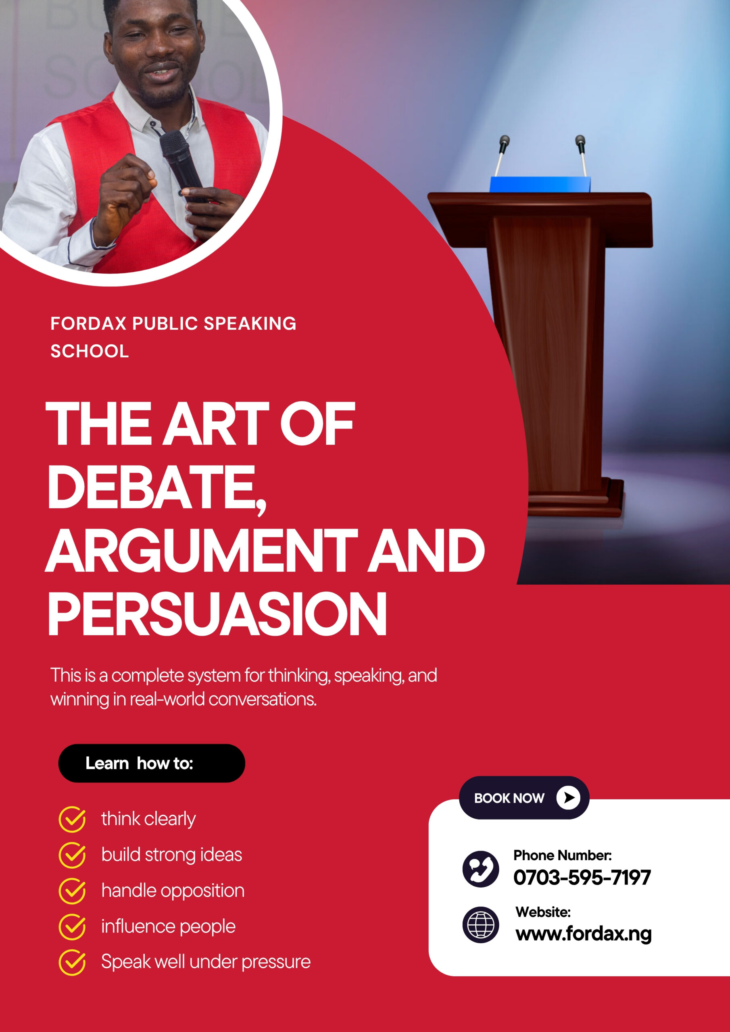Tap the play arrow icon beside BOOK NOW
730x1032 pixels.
pos(568,798)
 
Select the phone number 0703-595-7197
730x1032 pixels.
pos(582,877)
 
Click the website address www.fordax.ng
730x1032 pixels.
pos(583,934)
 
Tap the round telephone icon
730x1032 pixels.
pos(480,869)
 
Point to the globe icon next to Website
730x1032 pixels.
pos(480,925)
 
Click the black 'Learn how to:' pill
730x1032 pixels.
pos(152,763)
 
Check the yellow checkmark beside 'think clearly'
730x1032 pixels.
pos(72,820)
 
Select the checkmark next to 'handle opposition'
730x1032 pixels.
pos(72,891)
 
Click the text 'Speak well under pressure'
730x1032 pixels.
pos(206,962)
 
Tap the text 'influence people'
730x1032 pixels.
pos(168,926)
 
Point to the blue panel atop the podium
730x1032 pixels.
pos(540,184)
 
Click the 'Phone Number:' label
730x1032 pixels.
pos(562,855)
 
